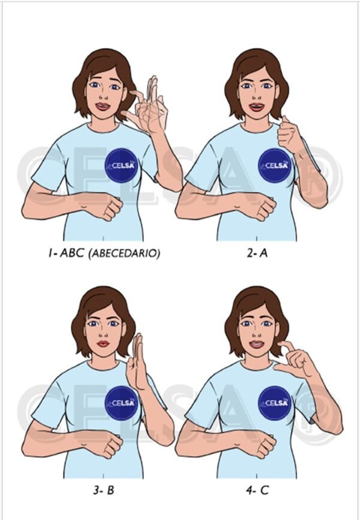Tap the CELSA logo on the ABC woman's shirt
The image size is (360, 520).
(x=122, y=165)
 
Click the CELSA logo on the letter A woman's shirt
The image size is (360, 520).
(x=275, y=165)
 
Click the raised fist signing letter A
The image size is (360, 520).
(x=290, y=137)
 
